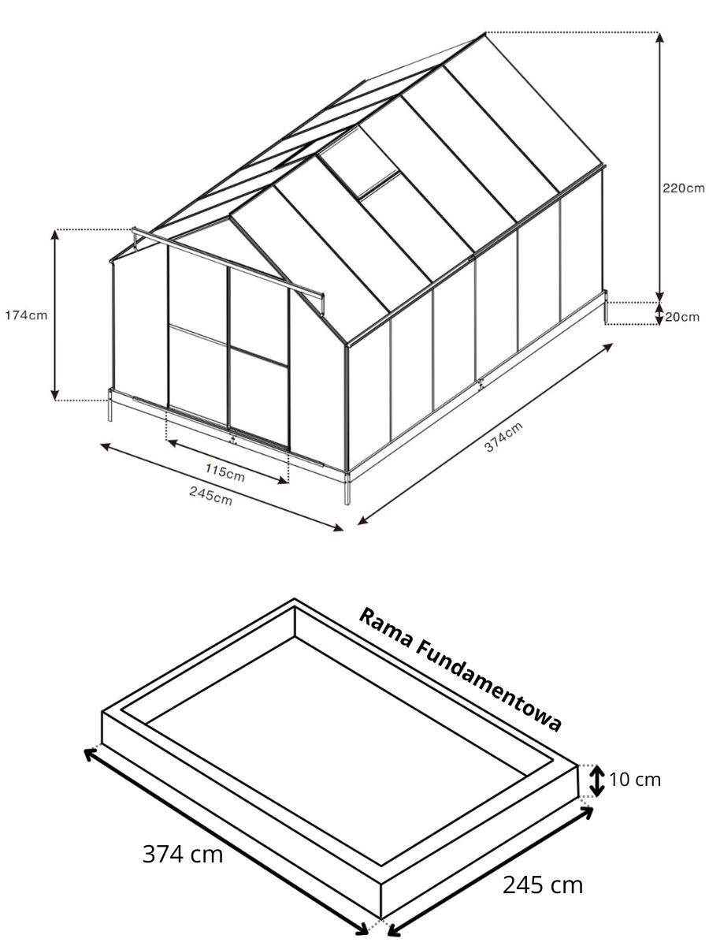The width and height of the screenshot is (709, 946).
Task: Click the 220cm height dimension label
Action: click(x=683, y=188)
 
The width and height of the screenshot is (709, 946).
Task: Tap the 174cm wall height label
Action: click(x=26, y=315)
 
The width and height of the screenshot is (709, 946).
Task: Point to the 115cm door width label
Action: click(x=225, y=472)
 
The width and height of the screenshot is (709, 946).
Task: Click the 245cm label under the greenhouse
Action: click(x=210, y=495)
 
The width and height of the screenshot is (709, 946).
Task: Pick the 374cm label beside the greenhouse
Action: click(x=503, y=438)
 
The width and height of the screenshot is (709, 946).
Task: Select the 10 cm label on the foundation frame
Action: click(x=634, y=780)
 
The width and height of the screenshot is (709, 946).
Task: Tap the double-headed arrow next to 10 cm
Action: click(x=596, y=780)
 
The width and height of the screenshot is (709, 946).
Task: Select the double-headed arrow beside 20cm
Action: click(x=659, y=314)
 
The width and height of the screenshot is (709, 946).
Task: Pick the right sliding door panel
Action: click(x=258, y=358)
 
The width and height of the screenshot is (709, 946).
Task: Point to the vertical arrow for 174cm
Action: click(x=54, y=315)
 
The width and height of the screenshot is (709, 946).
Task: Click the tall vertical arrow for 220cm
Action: click(x=659, y=167)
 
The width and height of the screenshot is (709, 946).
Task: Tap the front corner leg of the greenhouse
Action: click(x=347, y=487)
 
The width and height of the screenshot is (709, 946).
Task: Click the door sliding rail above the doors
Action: click(x=228, y=263)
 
